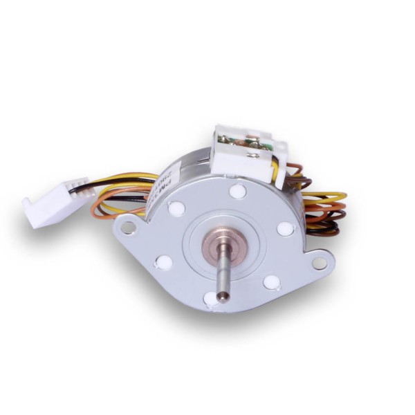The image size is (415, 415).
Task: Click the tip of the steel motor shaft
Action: coord(221,297)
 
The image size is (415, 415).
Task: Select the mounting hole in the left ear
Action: coord(127,225)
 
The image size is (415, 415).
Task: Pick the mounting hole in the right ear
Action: coord(319,263)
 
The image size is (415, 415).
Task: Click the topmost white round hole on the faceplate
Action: coord(237,191)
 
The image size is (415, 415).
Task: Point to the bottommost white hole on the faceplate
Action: coord(210,299)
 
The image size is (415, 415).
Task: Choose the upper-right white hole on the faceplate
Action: coord(285,228)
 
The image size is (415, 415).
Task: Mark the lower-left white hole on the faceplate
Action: coord(164,262)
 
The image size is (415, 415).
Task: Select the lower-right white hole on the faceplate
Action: coord(272,282)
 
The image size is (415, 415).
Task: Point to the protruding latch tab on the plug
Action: coord(28,204)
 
